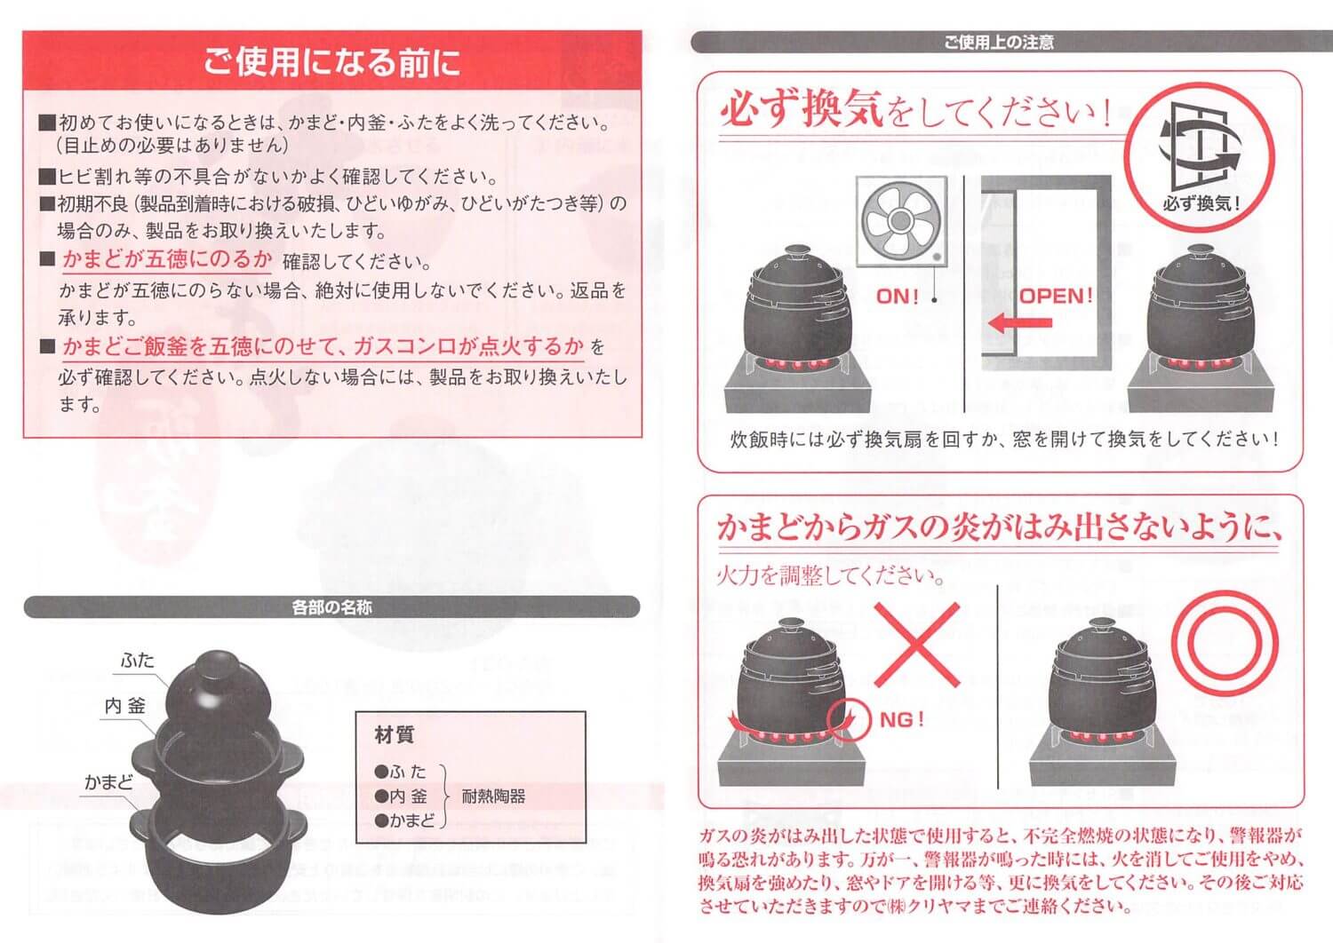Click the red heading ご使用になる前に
click(331, 62)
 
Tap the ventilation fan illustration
click(901, 221)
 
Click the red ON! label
click(898, 296)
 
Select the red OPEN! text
click(1056, 296)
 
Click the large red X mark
click(917, 646)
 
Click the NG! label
click(902, 719)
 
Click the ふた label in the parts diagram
click(138, 660)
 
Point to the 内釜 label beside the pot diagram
click(125, 706)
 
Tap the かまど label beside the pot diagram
click(108, 782)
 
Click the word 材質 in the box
click(395, 735)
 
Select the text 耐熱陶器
click(493, 796)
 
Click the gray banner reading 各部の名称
click(331, 607)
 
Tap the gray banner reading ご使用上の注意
click(999, 43)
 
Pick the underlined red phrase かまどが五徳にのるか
click(167, 259)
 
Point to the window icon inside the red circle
click(1201, 146)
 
